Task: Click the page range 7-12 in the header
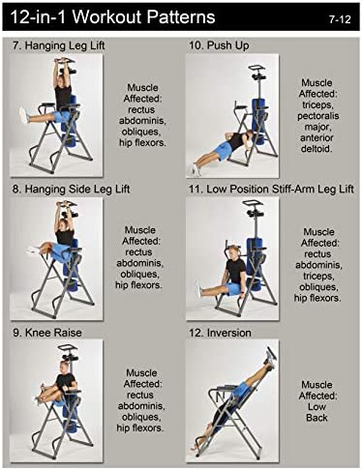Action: [340, 19]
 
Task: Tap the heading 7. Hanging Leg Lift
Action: [58, 45]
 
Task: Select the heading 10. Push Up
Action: [219, 45]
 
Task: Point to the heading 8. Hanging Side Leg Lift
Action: [71, 189]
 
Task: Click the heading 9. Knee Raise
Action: [47, 333]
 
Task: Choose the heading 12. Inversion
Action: [220, 333]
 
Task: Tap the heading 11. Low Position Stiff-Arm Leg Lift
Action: [271, 189]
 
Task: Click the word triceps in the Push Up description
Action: [317, 104]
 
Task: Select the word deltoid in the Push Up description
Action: [317, 149]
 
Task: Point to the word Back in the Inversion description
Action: [317, 418]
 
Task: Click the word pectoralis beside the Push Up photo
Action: [318, 116]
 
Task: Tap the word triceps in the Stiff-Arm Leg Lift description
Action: [318, 276]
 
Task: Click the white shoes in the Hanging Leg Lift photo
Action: [24, 116]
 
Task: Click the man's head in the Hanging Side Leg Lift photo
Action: [65, 224]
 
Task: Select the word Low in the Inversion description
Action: [317, 406]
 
